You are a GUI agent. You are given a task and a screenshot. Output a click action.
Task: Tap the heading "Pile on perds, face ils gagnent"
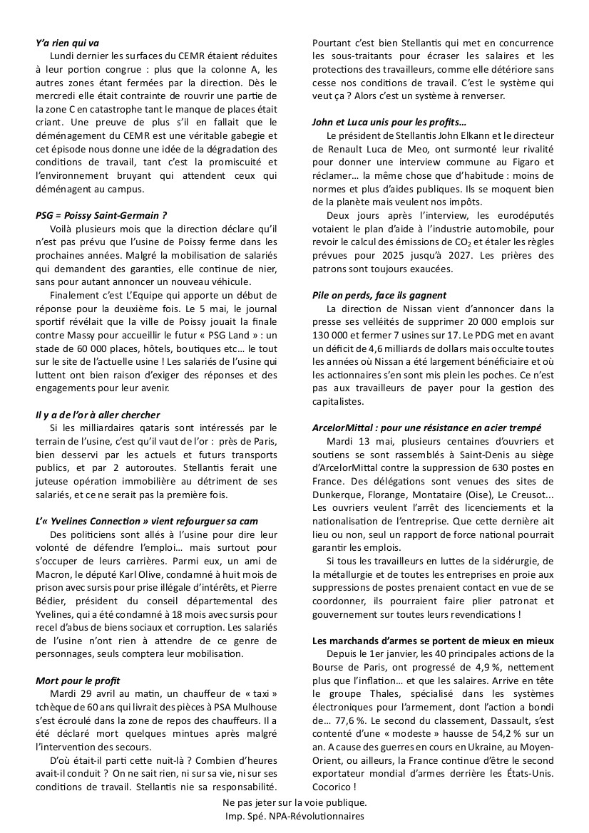pos(379,294)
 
